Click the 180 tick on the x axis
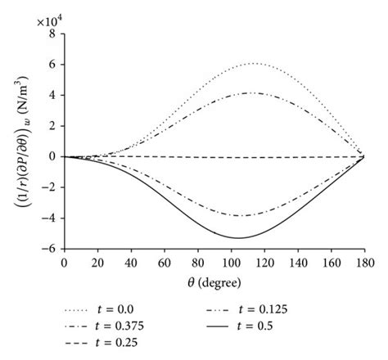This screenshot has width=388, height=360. point(363,262)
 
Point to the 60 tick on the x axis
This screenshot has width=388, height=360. point(164,262)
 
